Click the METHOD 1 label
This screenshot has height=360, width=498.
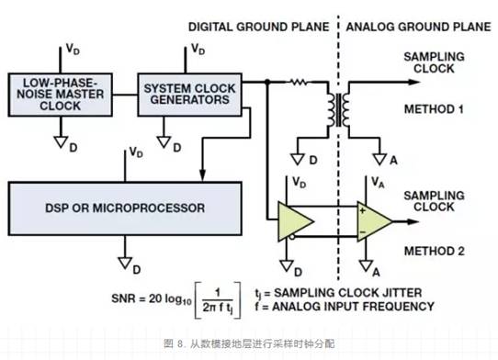click(x=436, y=108)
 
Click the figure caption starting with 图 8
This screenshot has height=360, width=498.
click(x=248, y=341)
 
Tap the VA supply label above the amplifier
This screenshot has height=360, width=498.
click(x=376, y=183)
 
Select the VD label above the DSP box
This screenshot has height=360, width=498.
click(x=135, y=152)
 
